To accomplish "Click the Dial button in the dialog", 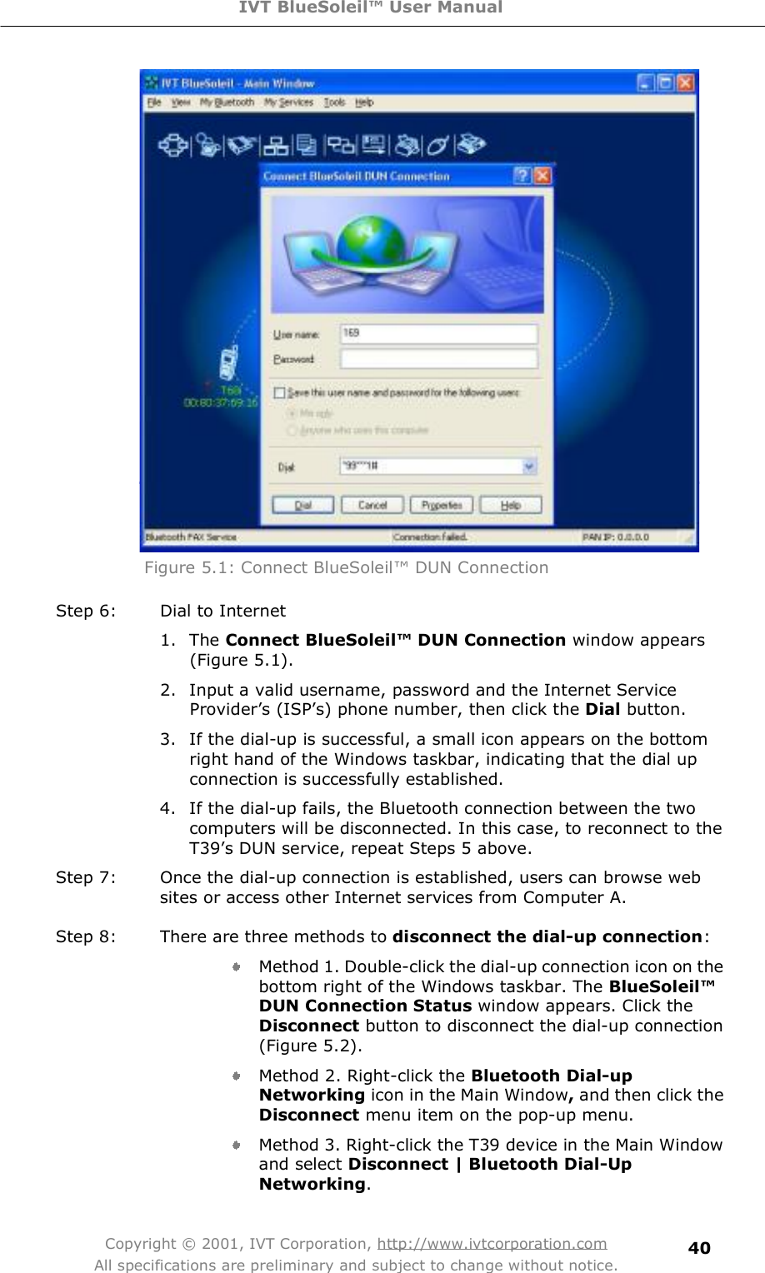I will tap(302, 505).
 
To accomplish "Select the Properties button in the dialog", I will tap(442, 505).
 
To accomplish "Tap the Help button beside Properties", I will tap(510, 505).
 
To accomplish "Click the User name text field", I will tap(438, 333).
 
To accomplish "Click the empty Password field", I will tap(438, 359).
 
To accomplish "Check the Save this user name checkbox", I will tap(280, 392).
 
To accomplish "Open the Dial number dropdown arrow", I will tap(529, 467).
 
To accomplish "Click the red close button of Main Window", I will tap(684, 82).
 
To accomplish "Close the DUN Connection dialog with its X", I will tap(542, 176).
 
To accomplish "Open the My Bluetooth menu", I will tap(227, 102).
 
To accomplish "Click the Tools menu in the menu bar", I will tap(334, 102).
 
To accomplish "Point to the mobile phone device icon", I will tap(227, 364).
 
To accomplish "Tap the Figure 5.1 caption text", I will tap(346, 567).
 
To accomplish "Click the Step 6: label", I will tap(86, 611).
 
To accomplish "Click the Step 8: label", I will tap(86, 936).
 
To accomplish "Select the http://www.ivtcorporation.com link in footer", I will tap(492, 1243).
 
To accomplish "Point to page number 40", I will tap(699, 1247).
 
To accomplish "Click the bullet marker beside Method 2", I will tap(237, 1076).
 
